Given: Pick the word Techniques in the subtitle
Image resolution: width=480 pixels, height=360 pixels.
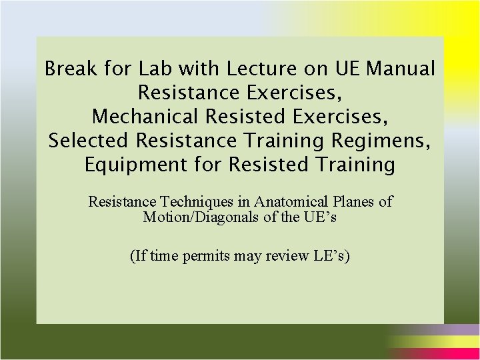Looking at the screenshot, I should click(200, 201).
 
